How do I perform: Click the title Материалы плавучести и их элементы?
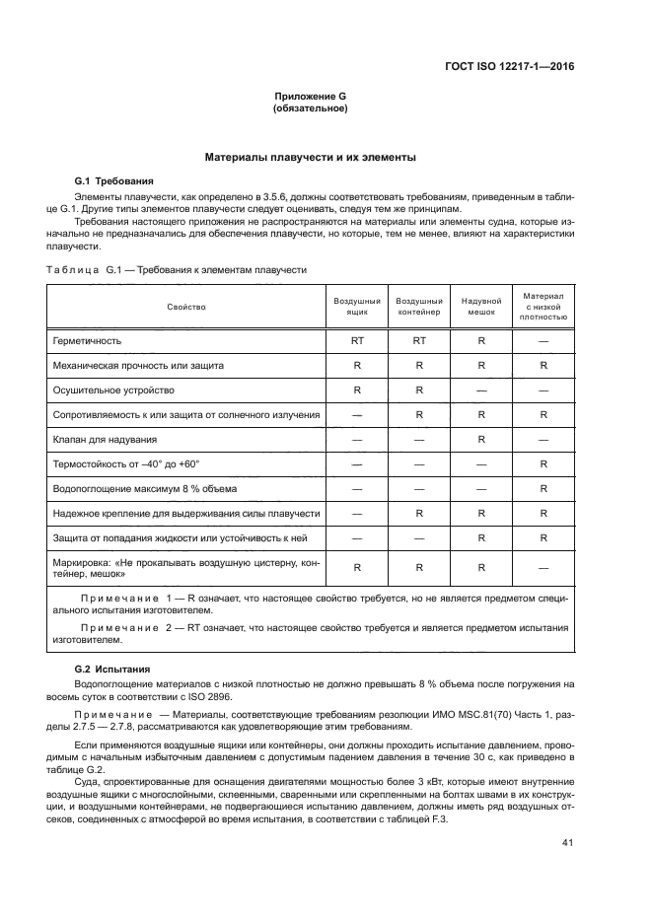pos(310,157)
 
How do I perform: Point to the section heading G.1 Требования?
pos(114,181)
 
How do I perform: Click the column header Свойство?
pos(186,307)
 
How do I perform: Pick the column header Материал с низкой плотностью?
pos(543,306)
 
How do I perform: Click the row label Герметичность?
pos(87,340)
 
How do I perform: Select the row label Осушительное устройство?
pos(112,390)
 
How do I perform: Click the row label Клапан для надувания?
pos(105,439)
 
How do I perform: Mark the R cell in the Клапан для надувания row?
pos(482,439)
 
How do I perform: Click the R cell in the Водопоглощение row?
pos(543,488)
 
